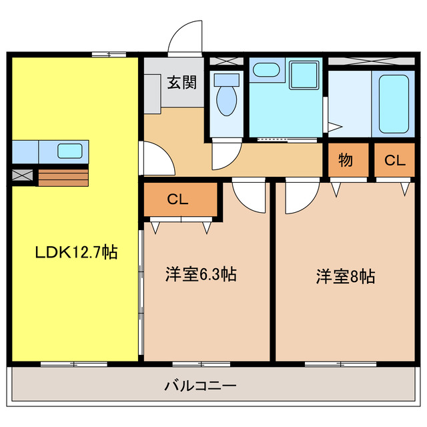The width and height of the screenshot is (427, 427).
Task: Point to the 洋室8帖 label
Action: [x=345, y=276]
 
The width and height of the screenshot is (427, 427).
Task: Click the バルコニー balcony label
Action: [x=200, y=385]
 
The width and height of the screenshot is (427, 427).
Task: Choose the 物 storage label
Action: [x=345, y=160]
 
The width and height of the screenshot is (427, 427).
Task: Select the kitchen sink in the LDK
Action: [x=69, y=151]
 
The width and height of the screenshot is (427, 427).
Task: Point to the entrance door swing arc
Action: [x=183, y=37]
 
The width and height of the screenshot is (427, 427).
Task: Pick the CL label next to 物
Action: [x=394, y=160]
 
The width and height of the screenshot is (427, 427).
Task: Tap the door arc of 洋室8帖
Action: [x=298, y=198]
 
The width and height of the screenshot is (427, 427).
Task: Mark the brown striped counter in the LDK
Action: [x=63, y=177]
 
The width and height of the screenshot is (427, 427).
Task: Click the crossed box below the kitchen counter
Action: [x=23, y=176]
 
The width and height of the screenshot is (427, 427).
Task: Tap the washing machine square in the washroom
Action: [x=304, y=77]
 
